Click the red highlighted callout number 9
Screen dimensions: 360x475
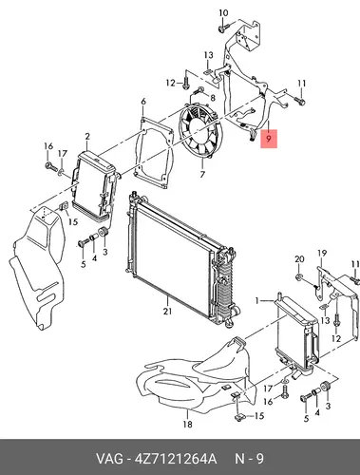point(269,139)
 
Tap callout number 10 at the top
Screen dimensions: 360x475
point(223,13)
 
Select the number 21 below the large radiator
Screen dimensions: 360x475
point(167,312)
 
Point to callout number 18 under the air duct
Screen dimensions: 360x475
point(188,424)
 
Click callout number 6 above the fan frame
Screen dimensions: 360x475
point(143,102)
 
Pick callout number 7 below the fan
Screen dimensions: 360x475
point(202,174)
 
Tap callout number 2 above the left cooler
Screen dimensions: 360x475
point(87,137)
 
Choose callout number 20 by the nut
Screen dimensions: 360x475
point(299,259)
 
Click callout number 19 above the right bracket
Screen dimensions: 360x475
point(322,254)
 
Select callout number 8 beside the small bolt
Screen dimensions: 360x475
point(212,98)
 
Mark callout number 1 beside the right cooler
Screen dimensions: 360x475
point(257,300)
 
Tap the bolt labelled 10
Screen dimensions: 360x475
point(221,29)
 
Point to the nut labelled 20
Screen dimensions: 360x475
point(298,277)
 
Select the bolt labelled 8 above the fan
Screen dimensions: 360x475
point(199,89)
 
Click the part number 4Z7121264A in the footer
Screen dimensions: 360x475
point(176,459)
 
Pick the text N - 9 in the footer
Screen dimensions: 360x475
point(249,459)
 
